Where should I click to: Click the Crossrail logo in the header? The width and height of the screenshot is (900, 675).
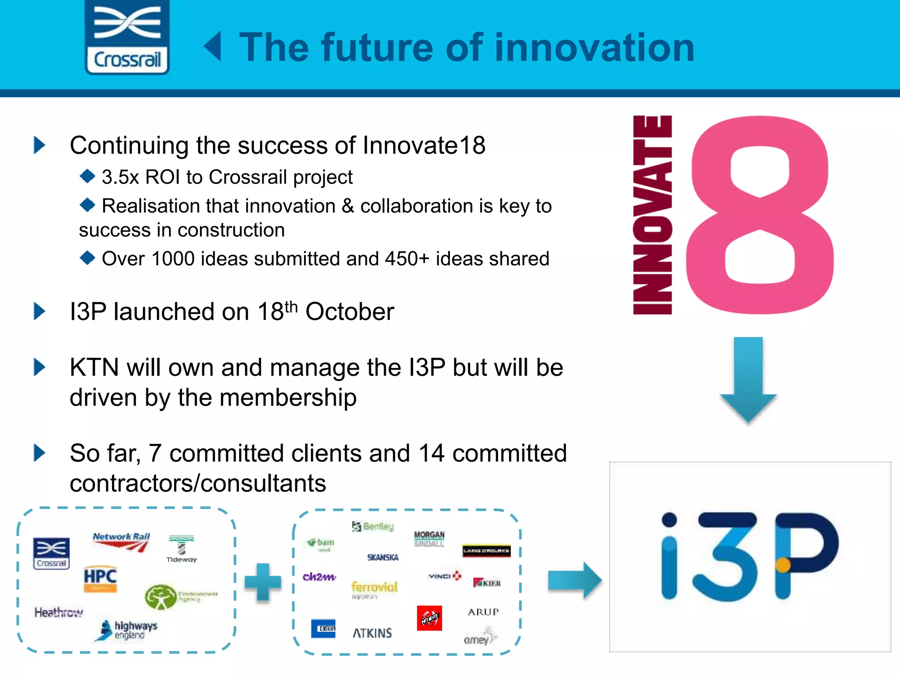coord(127,37)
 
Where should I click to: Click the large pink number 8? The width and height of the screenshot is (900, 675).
coord(759,215)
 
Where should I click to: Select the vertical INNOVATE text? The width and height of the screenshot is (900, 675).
coord(652,215)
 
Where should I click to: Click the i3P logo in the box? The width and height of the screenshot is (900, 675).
coord(750,557)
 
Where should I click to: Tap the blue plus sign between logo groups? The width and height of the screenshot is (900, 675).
coord(263,582)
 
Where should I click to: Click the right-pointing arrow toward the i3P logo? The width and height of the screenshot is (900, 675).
coord(574,581)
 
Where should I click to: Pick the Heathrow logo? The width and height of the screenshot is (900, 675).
coord(58,612)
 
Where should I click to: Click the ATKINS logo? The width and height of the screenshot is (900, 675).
coord(372,633)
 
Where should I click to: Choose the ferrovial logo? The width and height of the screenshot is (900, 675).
coord(374,588)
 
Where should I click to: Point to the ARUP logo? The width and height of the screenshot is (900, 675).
coord(483,612)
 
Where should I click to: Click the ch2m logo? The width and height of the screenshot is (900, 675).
coord(319,577)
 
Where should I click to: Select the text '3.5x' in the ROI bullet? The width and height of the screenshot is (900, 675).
coord(120,177)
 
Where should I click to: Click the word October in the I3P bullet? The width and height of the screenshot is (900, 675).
coord(349,312)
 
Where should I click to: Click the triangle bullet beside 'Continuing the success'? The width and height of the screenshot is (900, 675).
coord(40,145)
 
